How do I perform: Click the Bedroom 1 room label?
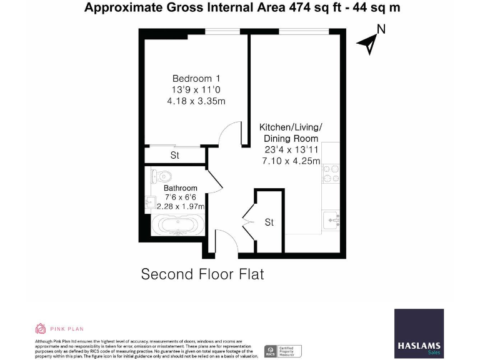pyautogui.click(x=196, y=79)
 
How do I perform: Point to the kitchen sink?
pyautogui.click(x=332, y=219)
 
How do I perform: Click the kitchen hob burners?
pyautogui.click(x=330, y=173)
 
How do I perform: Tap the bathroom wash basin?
pyautogui.click(x=150, y=202)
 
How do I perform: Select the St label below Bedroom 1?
pyautogui.click(x=175, y=155)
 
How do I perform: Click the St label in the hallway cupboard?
pyautogui.click(x=269, y=222)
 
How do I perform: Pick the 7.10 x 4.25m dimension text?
pyautogui.click(x=291, y=161)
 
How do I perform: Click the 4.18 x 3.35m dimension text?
pyautogui.click(x=196, y=101)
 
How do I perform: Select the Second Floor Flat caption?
pyautogui.click(x=203, y=274)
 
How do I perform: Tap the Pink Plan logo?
pyautogui.click(x=59, y=328)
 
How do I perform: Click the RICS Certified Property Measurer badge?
pyautogui.click(x=283, y=351)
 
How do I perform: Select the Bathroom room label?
pyautogui.click(x=181, y=187)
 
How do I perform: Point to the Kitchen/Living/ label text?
pyautogui.click(x=291, y=127)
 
